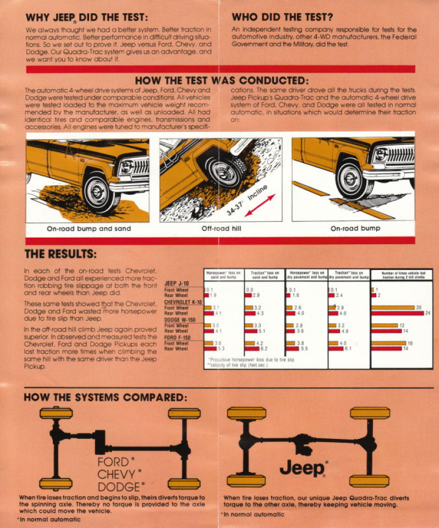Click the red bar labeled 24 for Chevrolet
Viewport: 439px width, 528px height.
[x=396, y=313]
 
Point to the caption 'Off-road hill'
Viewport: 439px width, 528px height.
[x=219, y=228]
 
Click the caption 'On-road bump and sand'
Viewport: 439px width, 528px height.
[x=89, y=228]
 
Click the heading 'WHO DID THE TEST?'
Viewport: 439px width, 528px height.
[x=282, y=17]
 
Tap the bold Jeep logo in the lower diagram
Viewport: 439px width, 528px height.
[x=303, y=468]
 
